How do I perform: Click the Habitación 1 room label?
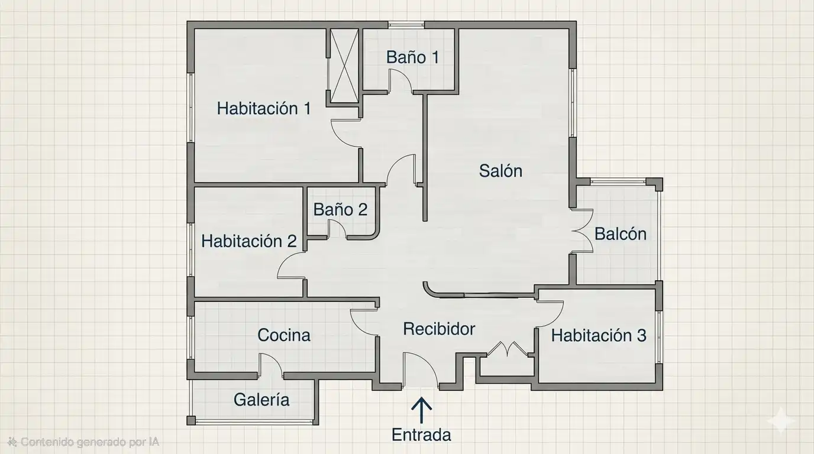click(264, 108)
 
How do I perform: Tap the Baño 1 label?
click(412, 57)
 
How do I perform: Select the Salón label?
click(500, 171)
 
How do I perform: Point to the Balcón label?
click(621, 234)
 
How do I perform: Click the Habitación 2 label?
click(249, 241)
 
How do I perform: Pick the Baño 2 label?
click(340, 210)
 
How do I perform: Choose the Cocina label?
click(284, 335)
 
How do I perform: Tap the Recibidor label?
click(439, 329)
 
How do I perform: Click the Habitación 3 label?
click(599, 336)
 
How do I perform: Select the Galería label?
click(261, 400)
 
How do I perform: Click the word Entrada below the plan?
click(421, 434)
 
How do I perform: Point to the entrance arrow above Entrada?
click(422, 410)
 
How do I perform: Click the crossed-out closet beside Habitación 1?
click(344, 66)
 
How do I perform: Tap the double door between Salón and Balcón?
click(582, 231)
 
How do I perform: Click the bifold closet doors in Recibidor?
click(507, 348)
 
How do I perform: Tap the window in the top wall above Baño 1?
click(406, 25)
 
